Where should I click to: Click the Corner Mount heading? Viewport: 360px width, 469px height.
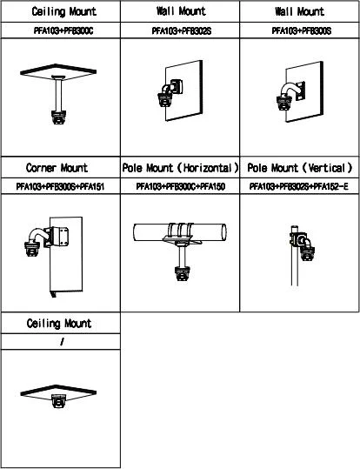[x=57, y=167]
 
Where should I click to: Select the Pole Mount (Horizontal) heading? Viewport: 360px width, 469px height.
[x=180, y=168]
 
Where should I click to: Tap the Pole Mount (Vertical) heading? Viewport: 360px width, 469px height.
[x=300, y=168]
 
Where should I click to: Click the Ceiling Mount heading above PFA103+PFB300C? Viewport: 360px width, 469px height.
[x=64, y=11]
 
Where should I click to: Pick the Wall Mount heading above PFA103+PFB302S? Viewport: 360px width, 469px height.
[x=181, y=11]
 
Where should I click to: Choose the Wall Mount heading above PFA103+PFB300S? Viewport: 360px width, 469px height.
[x=300, y=11]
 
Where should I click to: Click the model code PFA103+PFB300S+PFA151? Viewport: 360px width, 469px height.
[x=60, y=186]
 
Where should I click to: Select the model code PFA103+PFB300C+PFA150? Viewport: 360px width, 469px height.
[x=181, y=186]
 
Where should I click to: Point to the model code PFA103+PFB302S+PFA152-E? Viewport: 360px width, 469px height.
[x=299, y=186]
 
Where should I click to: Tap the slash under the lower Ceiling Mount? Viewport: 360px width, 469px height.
[x=62, y=342]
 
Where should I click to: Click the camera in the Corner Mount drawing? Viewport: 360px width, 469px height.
[x=32, y=249]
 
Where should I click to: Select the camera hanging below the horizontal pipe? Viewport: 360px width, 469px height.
[x=183, y=273]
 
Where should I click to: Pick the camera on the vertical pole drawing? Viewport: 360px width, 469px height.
[x=307, y=253]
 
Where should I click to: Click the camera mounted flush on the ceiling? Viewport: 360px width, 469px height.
[x=58, y=401]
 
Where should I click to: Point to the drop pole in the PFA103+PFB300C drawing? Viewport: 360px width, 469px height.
[x=58, y=94]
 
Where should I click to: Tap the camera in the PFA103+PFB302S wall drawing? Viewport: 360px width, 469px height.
[x=165, y=100]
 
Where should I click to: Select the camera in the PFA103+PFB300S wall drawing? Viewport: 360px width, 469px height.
[x=284, y=103]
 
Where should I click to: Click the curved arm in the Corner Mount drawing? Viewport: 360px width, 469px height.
[x=37, y=235]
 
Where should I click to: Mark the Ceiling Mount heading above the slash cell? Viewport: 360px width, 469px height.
[x=59, y=324]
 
